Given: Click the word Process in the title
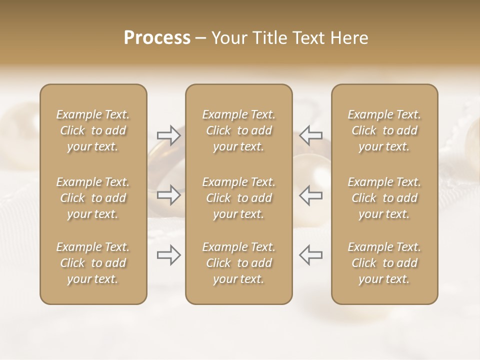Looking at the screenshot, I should click(157, 38).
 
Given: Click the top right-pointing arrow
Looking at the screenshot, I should click(168, 135).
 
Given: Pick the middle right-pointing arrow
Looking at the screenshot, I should click(168, 195).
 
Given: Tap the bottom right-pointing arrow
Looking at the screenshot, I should click(168, 255).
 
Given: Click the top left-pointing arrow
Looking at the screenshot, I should click(311, 135).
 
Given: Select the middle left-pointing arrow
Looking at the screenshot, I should click(311, 195).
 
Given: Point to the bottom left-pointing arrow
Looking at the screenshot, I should click(311, 255).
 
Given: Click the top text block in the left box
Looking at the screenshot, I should click(93, 130).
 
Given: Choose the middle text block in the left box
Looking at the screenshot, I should click(93, 198).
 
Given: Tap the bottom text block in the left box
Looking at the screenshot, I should click(93, 263).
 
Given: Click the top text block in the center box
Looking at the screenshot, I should click(239, 130).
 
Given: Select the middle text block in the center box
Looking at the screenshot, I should click(239, 198).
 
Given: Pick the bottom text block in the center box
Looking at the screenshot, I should click(239, 263).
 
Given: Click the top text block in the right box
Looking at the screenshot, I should click(384, 130).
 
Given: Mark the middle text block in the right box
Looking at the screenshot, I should click(384, 198).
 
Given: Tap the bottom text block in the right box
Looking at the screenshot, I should click(384, 263).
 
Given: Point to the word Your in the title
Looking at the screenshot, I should click(227, 38).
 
